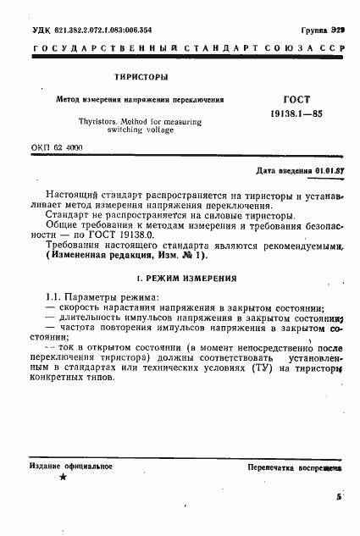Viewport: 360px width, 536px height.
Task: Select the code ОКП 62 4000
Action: (63, 147)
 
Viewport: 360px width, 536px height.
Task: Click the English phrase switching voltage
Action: (141, 131)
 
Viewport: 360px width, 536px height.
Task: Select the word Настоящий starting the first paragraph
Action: (73, 195)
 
